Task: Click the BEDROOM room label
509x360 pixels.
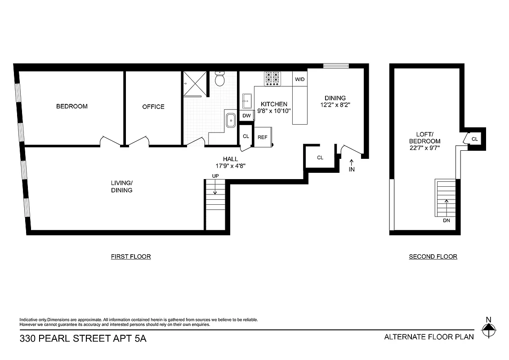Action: point(71,107)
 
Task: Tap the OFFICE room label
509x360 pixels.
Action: point(153,107)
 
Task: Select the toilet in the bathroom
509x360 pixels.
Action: point(220,80)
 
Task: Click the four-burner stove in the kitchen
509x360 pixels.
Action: point(272,79)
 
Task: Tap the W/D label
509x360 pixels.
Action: point(299,80)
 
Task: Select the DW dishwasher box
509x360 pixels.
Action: point(246,116)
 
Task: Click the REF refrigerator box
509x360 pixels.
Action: point(263,137)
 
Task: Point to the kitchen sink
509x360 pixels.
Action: point(247,99)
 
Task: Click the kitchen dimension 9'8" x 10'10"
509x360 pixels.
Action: point(274,111)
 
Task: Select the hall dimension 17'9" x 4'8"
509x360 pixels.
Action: point(230,166)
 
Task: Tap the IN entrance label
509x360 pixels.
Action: point(352,170)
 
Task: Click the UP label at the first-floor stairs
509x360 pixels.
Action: point(215,175)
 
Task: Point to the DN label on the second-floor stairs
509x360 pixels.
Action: point(446,220)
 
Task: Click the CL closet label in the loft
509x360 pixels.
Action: point(474,139)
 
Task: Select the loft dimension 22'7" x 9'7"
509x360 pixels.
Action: point(424,147)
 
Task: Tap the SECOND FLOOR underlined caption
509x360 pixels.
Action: point(433,256)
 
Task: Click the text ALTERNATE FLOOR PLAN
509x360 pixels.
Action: point(429,337)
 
